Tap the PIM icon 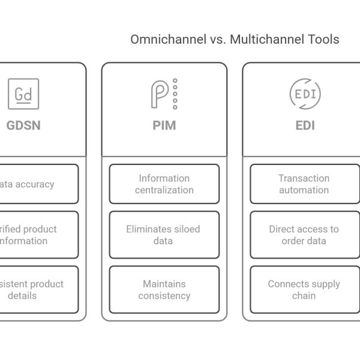pyautogui.click(x=164, y=94)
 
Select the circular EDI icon pyautogui.click(x=305, y=94)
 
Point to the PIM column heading pyautogui.click(x=164, y=126)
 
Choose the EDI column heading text pyautogui.click(x=305, y=126)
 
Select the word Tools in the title pyautogui.click(x=325, y=40)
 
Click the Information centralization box pyautogui.click(x=164, y=184)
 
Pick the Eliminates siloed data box pyautogui.click(x=164, y=235)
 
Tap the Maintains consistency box pyautogui.click(x=164, y=289)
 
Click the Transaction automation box pyautogui.click(x=305, y=184)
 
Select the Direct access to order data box pyautogui.click(x=305, y=235)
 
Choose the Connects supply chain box pyautogui.click(x=305, y=289)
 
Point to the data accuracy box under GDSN pyautogui.click(x=36, y=184)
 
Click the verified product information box pyautogui.click(x=36, y=235)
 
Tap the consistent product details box pyautogui.click(x=36, y=289)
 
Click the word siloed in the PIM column pyautogui.click(x=186, y=229)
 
